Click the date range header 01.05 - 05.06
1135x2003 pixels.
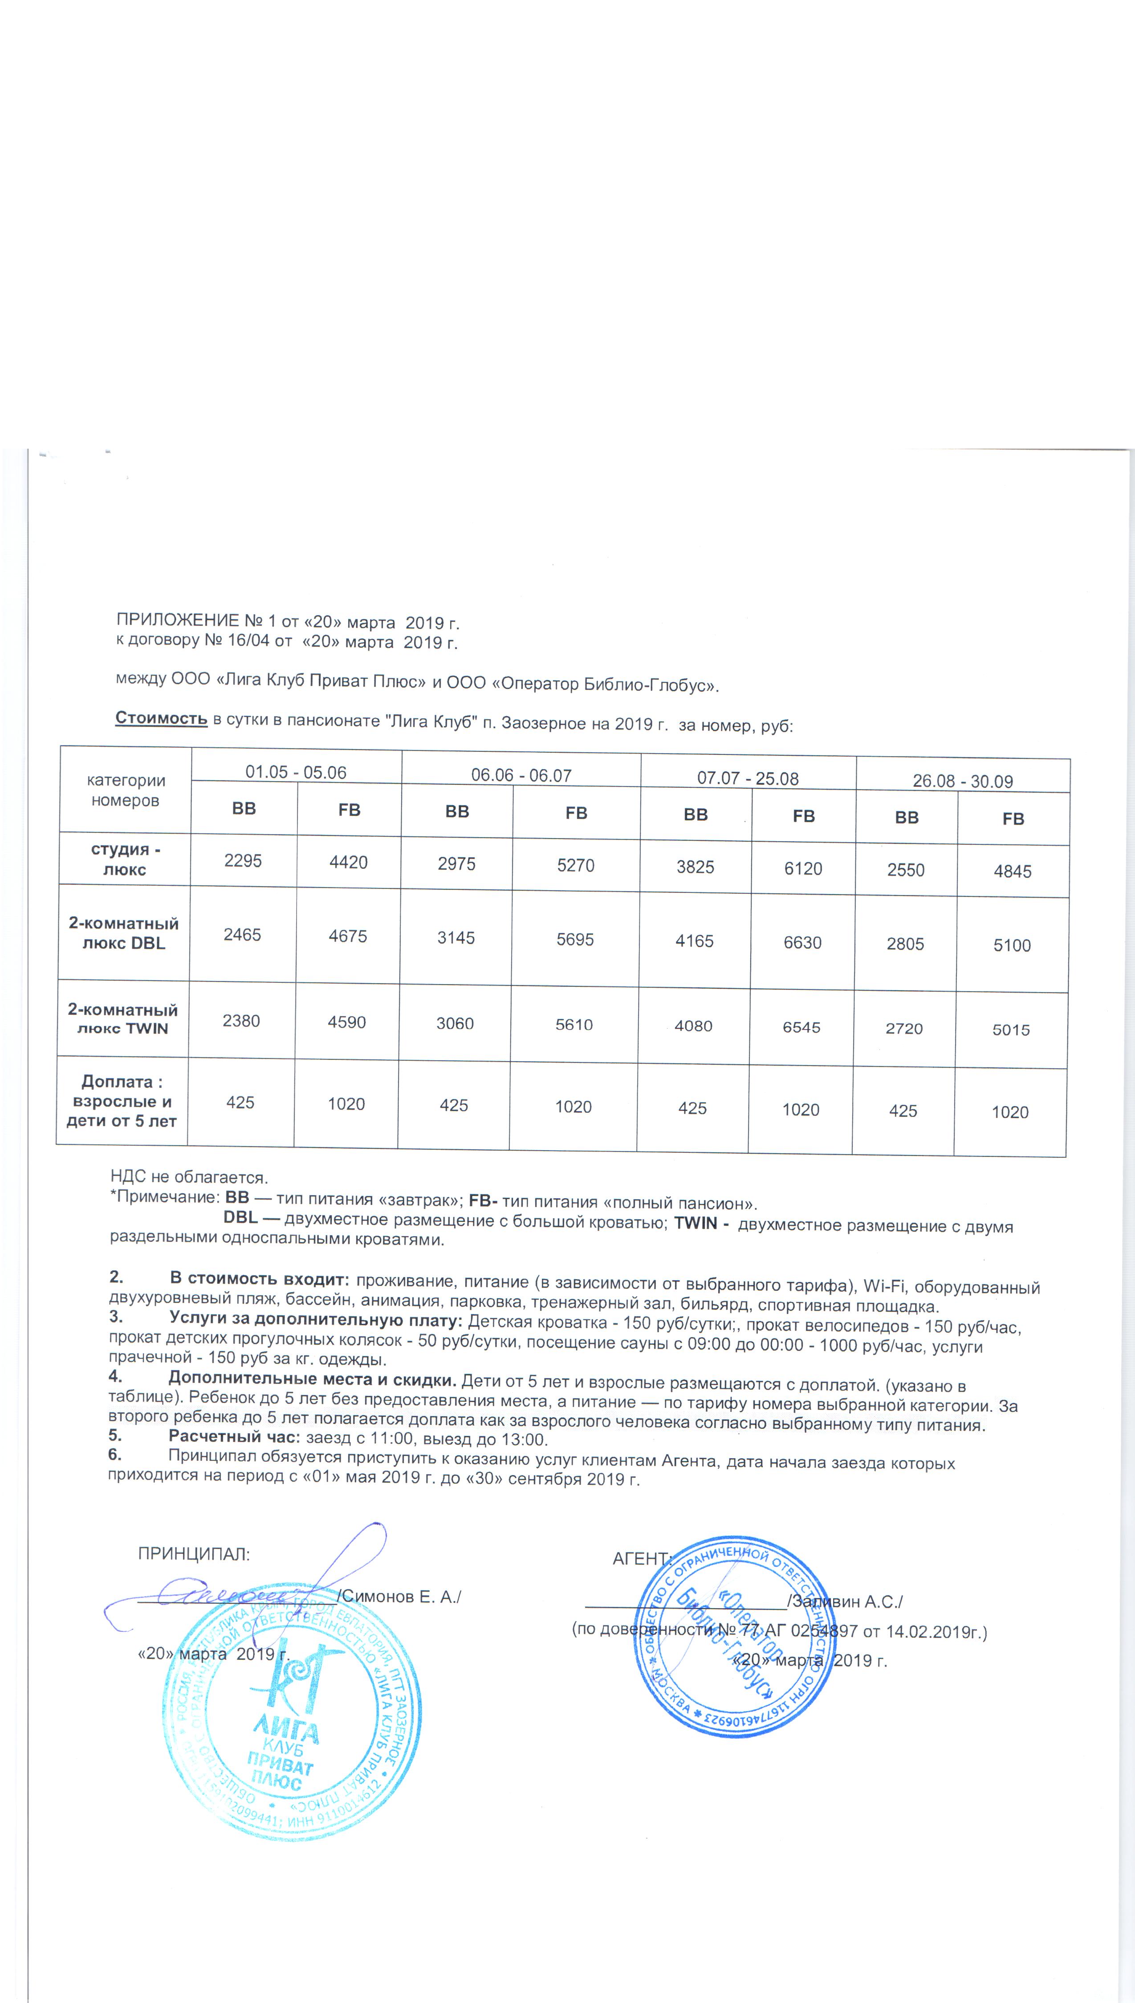296,772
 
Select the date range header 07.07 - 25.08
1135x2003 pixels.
748,778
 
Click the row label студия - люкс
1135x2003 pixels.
125,860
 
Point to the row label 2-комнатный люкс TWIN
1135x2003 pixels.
122,1018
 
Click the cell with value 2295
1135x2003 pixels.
243,861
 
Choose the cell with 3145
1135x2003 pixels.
456,937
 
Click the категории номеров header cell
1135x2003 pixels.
126,790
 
